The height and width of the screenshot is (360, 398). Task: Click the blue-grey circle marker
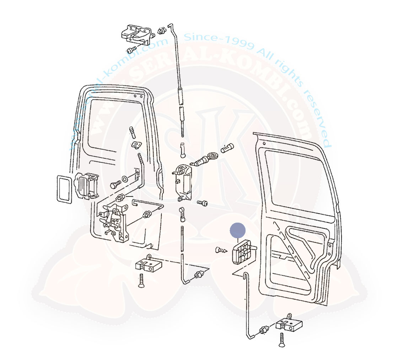click(238, 230)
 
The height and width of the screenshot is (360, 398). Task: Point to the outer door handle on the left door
click(86, 184)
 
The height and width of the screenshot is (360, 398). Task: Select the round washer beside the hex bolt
click(125, 178)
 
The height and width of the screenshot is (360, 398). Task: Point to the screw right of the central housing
click(202, 203)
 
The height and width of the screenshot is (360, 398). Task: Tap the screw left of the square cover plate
click(221, 251)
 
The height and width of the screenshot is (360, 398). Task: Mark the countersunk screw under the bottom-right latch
click(281, 340)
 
